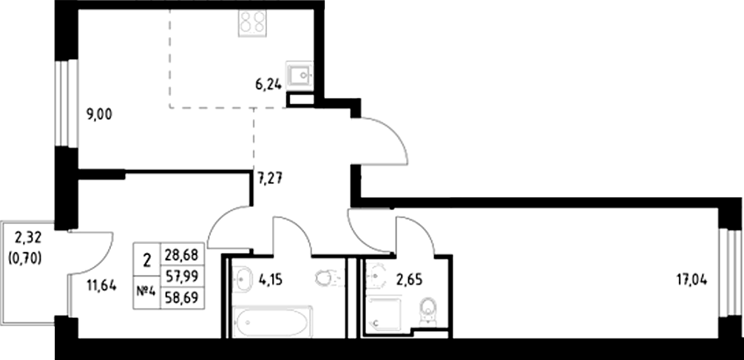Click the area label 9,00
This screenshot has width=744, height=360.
(101, 115)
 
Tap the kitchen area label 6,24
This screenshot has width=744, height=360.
(268, 85)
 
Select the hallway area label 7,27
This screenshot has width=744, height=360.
(271, 177)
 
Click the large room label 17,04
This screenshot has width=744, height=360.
(694, 280)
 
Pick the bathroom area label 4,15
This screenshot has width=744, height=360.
(270, 280)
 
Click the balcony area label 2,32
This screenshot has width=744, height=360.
(27, 237)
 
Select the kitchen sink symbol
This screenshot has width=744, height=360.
(301, 76)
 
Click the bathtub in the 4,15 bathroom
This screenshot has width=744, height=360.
(271, 320)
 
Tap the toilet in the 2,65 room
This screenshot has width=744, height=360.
(427, 310)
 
